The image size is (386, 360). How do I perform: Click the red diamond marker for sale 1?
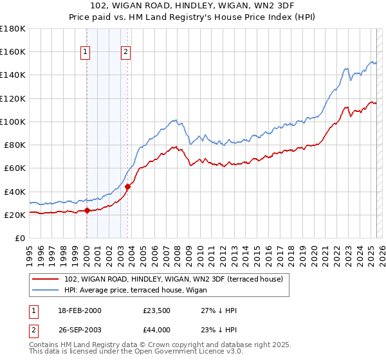(87, 210)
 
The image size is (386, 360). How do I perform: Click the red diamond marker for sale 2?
(127, 186)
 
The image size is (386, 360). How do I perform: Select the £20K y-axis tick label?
(15, 215)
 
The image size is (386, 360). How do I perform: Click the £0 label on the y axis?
(21, 239)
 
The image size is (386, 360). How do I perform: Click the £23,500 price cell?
(157, 310)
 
